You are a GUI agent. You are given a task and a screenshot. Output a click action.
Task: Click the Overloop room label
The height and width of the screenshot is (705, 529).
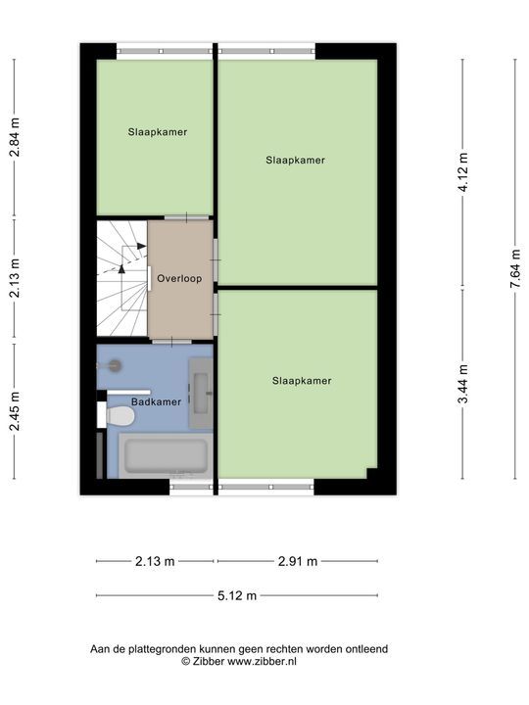point(179,279)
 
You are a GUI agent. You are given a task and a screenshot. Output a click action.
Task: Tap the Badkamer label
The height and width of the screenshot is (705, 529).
point(156,402)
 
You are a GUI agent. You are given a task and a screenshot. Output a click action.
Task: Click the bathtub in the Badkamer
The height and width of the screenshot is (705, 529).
point(166,455)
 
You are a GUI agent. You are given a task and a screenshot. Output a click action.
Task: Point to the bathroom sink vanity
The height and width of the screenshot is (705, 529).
point(200,394)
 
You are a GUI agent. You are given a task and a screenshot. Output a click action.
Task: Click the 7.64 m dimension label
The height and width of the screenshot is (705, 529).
point(516,269)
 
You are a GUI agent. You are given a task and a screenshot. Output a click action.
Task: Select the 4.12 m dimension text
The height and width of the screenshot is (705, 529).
point(462,172)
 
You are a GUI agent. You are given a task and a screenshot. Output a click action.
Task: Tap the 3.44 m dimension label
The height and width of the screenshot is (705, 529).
point(462,385)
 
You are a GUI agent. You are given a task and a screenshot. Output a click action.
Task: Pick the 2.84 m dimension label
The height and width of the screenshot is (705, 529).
point(15,137)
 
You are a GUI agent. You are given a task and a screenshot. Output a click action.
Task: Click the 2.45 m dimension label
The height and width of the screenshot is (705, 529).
point(15,411)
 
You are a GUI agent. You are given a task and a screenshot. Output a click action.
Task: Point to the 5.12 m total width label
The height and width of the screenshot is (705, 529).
point(237,595)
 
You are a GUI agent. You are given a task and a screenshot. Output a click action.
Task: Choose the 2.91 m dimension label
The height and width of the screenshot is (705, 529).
point(298,561)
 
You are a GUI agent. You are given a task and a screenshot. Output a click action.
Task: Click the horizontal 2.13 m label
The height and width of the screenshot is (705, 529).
point(155,561)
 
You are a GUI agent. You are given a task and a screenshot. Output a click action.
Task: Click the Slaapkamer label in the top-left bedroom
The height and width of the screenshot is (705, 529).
point(158,132)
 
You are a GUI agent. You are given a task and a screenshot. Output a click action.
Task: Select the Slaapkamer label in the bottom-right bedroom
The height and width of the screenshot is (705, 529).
point(302,381)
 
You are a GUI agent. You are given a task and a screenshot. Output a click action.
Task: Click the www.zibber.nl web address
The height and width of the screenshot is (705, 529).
point(262,661)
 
